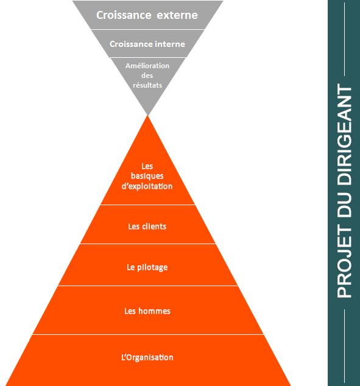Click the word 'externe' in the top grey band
tap(177, 15)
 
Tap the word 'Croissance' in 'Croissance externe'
tap(124, 15)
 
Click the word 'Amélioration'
tap(147, 66)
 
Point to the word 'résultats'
tap(147, 85)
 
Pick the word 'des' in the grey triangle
tap(147, 75)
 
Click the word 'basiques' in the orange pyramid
tap(147, 176)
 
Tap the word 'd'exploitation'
tap(147, 186)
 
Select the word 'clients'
tap(154, 226)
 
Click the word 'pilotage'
tap(152, 268)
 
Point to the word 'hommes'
tap(154, 311)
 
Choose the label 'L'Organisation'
tap(147, 357)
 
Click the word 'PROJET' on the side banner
tap(345, 261)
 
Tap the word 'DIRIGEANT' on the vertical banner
tap(345, 134)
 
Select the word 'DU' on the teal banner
tap(345, 205)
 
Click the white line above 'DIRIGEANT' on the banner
tap(344, 40)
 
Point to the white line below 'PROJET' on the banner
tap(344, 346)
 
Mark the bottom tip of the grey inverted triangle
tap(147, 115)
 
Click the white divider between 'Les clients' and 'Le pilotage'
tap(148, 244)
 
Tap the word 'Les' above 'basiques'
tap(147, 166)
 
